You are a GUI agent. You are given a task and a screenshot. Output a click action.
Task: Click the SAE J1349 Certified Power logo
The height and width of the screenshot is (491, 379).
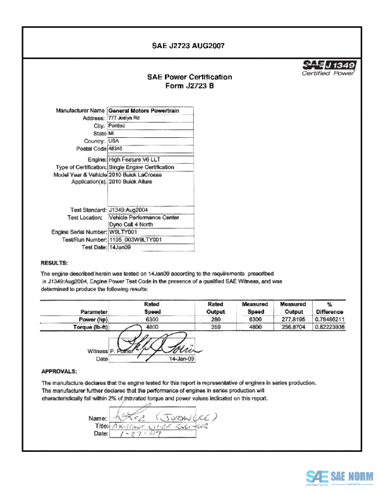[330, 68]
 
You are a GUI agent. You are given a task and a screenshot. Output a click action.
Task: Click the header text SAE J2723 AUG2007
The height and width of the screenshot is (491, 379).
[189, 46]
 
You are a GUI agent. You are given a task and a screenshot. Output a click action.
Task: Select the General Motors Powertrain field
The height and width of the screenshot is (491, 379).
[144, 111]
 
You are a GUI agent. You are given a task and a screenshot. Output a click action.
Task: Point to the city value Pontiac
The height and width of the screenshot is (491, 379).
[117, 126]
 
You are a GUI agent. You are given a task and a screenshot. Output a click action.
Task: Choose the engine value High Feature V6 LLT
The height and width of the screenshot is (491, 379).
[134, 160]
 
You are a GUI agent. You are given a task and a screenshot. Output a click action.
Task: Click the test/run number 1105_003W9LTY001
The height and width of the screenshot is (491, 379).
[136, 240]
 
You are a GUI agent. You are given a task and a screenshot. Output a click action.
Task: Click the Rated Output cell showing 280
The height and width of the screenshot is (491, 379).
[215, 320]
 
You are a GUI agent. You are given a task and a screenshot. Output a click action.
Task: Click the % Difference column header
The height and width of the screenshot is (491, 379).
[330, 308]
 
